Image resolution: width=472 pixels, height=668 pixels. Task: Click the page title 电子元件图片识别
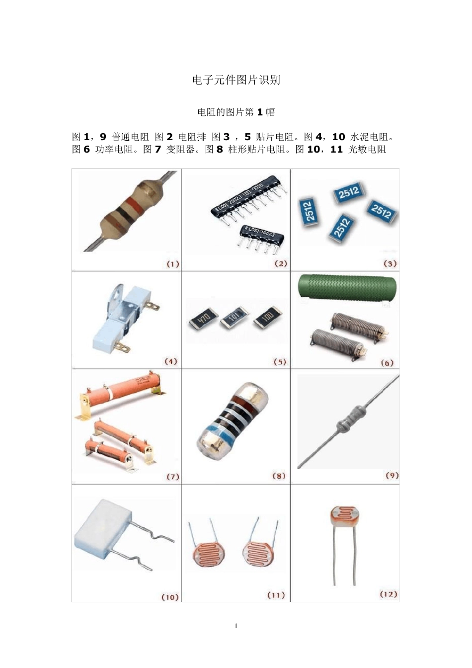pos(236,80)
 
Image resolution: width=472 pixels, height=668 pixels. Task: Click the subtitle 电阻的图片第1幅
pos(236,112)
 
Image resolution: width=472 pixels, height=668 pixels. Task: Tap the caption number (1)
pos(172,264)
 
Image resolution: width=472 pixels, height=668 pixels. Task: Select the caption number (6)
pos(387,363)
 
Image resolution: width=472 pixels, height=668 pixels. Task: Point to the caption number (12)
pos(389,594)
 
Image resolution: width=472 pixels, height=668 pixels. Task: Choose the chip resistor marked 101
pos(234,317)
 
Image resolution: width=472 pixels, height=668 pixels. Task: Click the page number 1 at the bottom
pos(236,626)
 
